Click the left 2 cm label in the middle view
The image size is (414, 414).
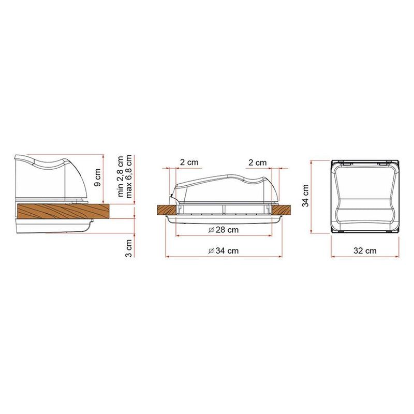pyautogui.click(x=189, y=162)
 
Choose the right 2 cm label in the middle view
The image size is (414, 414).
pyautogui.click(x=257, y=162)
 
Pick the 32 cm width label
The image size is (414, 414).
pyautogui.click(x=365, y=250)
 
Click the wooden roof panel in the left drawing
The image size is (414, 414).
pyautogui.click(x=62, y=211)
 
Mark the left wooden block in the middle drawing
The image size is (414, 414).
pyautogui.click(x=166, y=210)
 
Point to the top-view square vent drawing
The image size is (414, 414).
pyautogui.click(x=365, y=196)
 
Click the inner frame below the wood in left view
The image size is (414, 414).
pyautogui.click(x=52, y=226)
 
